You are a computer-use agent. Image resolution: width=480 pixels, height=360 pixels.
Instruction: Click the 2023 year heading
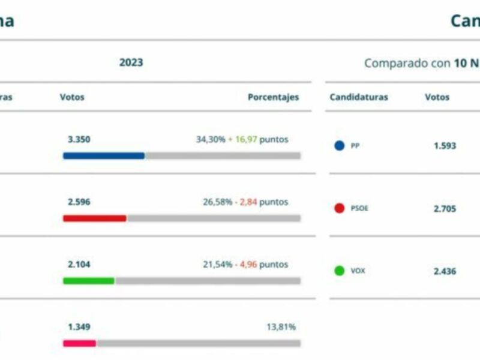(x=131, y=62)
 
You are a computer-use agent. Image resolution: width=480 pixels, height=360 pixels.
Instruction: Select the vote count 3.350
(x=79, y=139)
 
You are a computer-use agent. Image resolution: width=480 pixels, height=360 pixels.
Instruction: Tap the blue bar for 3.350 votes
(x=104, y=155)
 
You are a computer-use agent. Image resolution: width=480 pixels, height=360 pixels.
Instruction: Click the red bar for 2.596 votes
(x=94, y=218)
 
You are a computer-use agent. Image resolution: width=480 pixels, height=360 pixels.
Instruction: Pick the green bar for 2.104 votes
(x=88, y=281)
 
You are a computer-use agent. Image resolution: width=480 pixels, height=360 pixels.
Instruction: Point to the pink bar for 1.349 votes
(x=79, y=343)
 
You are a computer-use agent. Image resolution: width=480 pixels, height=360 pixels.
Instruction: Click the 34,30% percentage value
(x=210, y=139)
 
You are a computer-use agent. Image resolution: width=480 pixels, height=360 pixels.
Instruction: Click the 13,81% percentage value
(x=281, y=327)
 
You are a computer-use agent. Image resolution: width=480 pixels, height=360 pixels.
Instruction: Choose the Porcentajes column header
(x=273, y=97)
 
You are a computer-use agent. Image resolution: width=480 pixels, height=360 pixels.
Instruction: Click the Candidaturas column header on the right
(x=359, y=97)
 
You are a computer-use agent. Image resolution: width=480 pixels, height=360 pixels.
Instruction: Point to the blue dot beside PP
(x=340, y=146)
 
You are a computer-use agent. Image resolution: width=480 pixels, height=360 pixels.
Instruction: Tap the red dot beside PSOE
(x=340, y=209)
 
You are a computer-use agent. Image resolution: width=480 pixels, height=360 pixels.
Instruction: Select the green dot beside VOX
(x=340, y=271)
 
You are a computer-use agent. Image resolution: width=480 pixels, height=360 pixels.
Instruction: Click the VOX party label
(x=358, y=271)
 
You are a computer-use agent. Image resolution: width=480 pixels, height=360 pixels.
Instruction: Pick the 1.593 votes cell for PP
(x=445, y=146)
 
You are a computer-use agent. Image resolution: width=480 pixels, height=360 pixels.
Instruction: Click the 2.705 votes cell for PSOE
(x=445, y=209)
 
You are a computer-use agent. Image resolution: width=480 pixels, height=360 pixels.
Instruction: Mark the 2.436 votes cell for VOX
(x=445, y=271)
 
